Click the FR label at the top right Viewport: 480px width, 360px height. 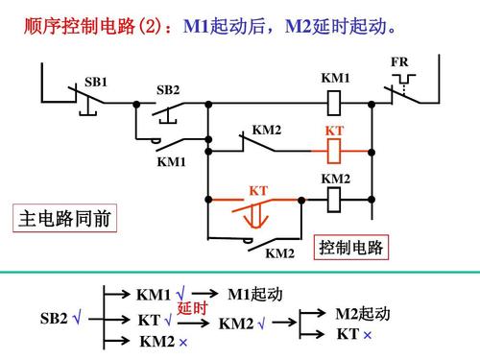pyautogui.click(x=399, y=62)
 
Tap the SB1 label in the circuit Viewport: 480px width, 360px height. pyautogui.click(x=96, y=83)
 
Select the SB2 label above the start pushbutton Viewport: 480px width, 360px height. pyautogui.click(x=168, y=90)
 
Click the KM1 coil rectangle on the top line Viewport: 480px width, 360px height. pyautogui.click(x=335, y=99)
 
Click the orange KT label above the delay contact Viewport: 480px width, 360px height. pyautogui.click(x=258, y=191)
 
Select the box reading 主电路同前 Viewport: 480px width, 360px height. pyautogui.click(x=65, y=220)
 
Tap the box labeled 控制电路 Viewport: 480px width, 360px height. pyautogui.click(x=351, y=248)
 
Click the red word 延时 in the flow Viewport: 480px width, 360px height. pyautogui.click(x=192, y=308)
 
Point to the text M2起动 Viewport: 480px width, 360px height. pyautogui.click(x=363, y=315)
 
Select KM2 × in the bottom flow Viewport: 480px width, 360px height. pyautogui.click(x=163, y=342)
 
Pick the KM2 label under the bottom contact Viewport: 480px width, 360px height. pyautogui.click(x=279, y=253)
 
